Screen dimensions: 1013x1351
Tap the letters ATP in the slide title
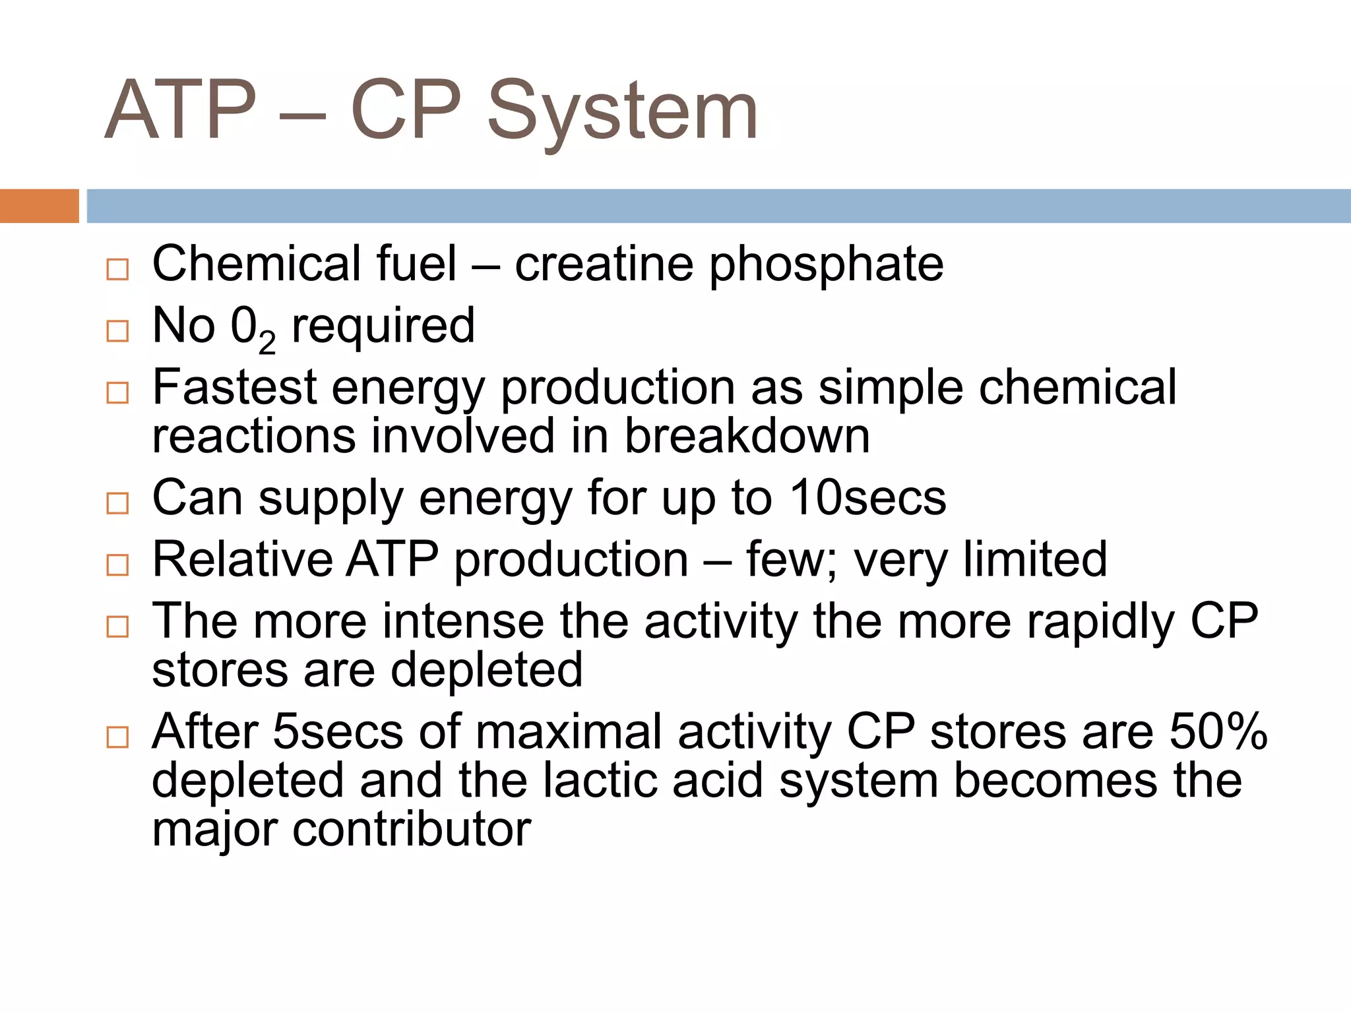pos(180,109)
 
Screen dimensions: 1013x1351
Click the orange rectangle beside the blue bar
pos(39,206)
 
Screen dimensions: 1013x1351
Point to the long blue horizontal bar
pos(718,206)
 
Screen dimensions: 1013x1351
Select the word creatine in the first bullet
pos(604,264)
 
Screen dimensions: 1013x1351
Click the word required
pos(383,326)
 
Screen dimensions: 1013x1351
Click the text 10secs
pos(867,497)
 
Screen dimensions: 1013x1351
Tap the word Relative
pos(241,559)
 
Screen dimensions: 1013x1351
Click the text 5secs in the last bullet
pos(337,732)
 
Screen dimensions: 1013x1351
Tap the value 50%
pos(1218,732)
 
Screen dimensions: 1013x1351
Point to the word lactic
pos(601,781)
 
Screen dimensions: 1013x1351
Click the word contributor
pos(412,830)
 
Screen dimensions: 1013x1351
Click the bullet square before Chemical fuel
pos(117,269)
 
